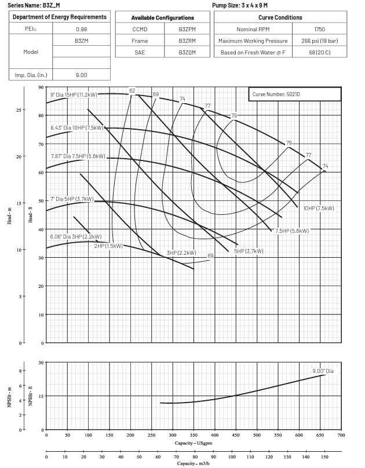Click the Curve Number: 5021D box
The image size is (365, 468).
click(295, 94)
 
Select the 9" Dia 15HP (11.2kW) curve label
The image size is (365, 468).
click(78, 94)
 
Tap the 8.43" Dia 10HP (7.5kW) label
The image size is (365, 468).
click(76, 127)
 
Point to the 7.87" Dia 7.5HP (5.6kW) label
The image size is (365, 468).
click(78, 156)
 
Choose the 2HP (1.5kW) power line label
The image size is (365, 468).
click(108, 246)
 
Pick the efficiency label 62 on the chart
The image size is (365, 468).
click(132, 91)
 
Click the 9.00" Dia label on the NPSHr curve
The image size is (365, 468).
click(323, 371)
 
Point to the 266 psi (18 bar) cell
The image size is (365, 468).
click(319, 41)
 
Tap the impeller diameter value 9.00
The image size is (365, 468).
click(81, 75)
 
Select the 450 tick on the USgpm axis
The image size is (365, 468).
click(257, 434)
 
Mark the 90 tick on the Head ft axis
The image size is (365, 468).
click(41, 87)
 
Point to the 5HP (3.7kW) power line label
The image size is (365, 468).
click(249, 251)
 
